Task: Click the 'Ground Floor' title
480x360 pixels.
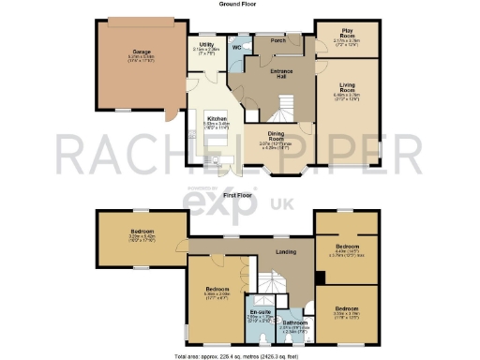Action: point(239,4)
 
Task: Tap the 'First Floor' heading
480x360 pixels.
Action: point(239,194)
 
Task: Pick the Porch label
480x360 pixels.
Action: point(277,41)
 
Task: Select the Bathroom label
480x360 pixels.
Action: point(293,321)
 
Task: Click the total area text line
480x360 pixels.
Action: point(239,356)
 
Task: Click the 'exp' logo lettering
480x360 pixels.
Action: point(247,205)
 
